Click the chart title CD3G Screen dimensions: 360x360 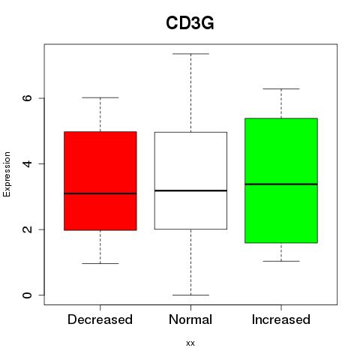click(x=190, y=23)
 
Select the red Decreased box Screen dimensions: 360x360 click(x=100, y=181)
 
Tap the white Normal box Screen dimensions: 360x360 click(x=190, y=181)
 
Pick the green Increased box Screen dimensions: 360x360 click(x=281, y=181)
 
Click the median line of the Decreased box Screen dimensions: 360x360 click(x=100, y=193)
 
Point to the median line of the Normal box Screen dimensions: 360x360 click(x=190, y=190)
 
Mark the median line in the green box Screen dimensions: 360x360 click(x=281, y=184)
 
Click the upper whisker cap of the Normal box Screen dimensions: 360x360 click(x=190, y=54)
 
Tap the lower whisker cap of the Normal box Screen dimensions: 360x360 click(x=190, y=295)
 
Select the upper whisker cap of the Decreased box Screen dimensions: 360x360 click(x=100, y=97)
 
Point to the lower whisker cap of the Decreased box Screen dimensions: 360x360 click(x=100, y=263)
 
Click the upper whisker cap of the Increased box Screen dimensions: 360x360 click(x=281, y=88)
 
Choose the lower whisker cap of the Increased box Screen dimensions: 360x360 click(x=281, y=261)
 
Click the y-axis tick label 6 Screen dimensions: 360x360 click(x=28, y=98)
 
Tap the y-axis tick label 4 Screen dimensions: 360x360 click(x=28, y=163)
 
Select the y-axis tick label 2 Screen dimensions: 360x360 click(x=28, y=229)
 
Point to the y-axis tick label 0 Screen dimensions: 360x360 click(x=28, y=295)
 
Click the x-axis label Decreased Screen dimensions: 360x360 click(x=100, y=319)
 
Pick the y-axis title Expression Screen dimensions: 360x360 click(x=7, y=174)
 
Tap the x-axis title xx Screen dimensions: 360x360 click(x=190, y=343)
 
